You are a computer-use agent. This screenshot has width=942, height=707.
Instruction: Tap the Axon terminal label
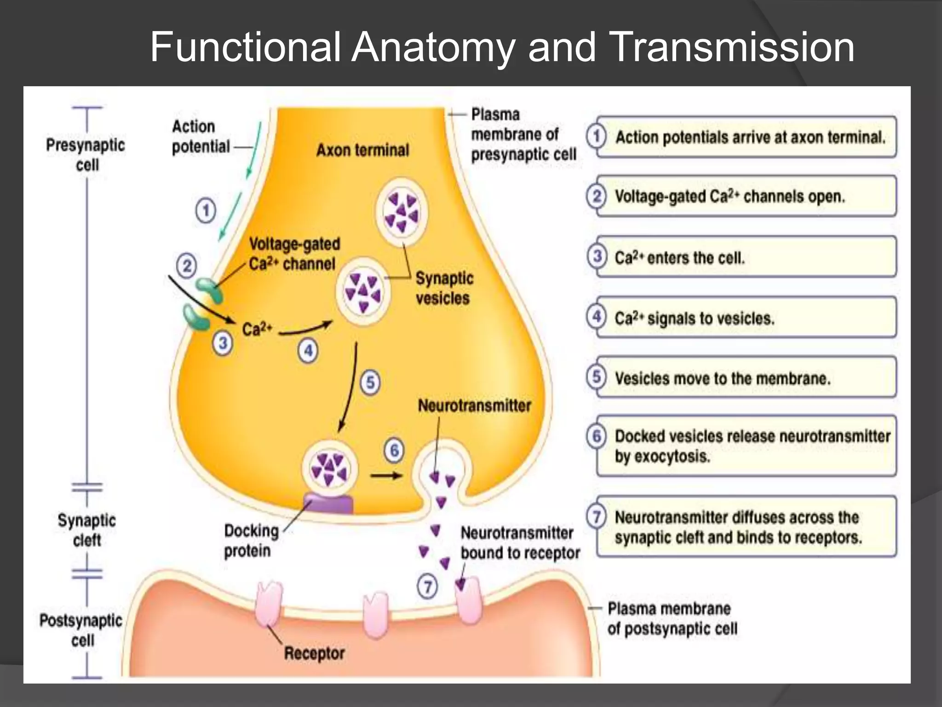point(362,150)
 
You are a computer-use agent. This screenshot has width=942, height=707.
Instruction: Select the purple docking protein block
point(328,504)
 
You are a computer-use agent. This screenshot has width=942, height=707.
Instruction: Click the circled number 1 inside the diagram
point(206,211)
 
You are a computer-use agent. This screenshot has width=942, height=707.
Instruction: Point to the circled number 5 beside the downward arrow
point(370,382)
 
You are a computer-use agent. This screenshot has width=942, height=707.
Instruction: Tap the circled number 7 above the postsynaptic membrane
point(427,587)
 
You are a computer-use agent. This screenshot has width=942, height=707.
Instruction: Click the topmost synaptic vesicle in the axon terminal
point(402,212)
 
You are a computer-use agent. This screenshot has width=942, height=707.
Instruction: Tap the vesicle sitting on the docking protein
point(329,469)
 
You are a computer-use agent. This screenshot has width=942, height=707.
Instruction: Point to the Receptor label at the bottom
point(314,653)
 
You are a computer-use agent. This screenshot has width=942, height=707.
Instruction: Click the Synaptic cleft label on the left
point(87,530)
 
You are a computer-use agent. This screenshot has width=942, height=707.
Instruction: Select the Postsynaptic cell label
point(81,630)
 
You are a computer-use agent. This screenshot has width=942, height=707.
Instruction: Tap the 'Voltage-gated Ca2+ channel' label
point(294,254)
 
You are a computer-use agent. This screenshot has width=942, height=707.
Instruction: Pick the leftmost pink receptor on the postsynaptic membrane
point(269,603)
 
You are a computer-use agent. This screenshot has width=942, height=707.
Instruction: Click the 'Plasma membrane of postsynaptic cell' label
point(672,619)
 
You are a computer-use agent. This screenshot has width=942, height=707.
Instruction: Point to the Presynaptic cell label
point(86,155)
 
